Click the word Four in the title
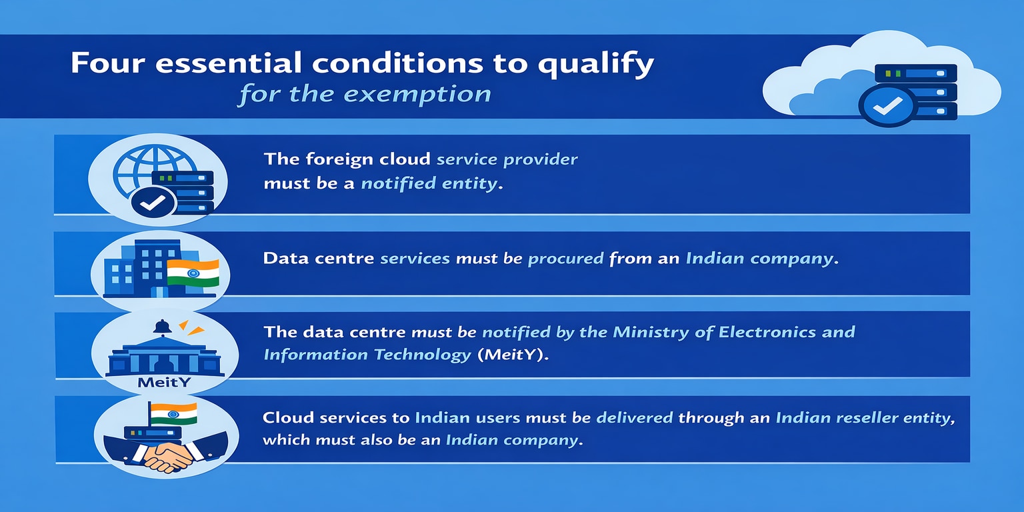point(108,63)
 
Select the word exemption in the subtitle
point(417,95)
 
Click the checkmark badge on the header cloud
point(887,107)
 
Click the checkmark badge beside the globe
point(153,202)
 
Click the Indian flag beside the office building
point(193,273)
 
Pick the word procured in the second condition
point(565,259)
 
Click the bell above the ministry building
point(162,327)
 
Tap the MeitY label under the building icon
point(163,382)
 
